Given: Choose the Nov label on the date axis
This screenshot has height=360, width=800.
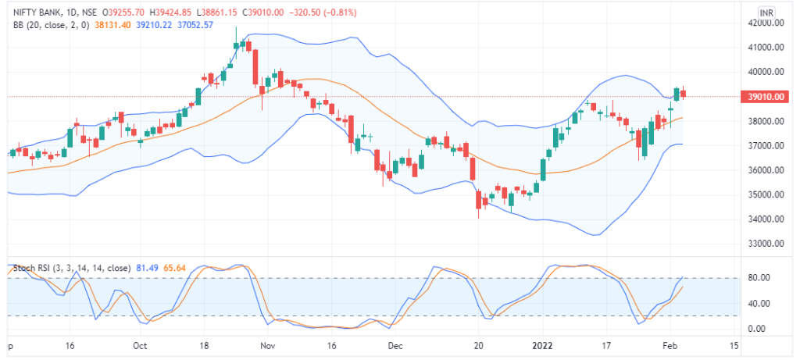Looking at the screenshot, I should (x=267, y=345).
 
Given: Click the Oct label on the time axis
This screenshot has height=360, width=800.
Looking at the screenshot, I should (x=141, y=345).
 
